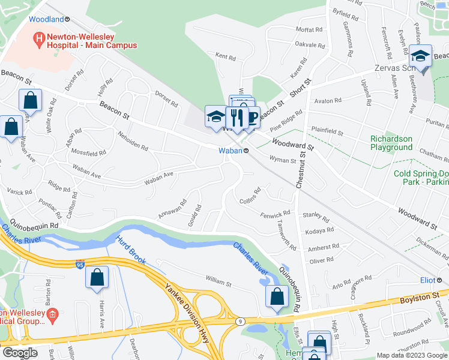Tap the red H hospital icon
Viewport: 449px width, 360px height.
pos(38,40)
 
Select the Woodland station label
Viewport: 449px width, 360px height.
pos(46,19)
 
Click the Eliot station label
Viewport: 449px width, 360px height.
pos(427,280)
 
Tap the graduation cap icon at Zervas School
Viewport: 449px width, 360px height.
pos(421,58)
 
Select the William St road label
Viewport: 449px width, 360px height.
pos(218,280)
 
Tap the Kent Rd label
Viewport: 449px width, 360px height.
pos(226,56)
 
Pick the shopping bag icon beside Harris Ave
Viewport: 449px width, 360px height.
pos(97,278)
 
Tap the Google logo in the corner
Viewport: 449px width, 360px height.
pos(20,353)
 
